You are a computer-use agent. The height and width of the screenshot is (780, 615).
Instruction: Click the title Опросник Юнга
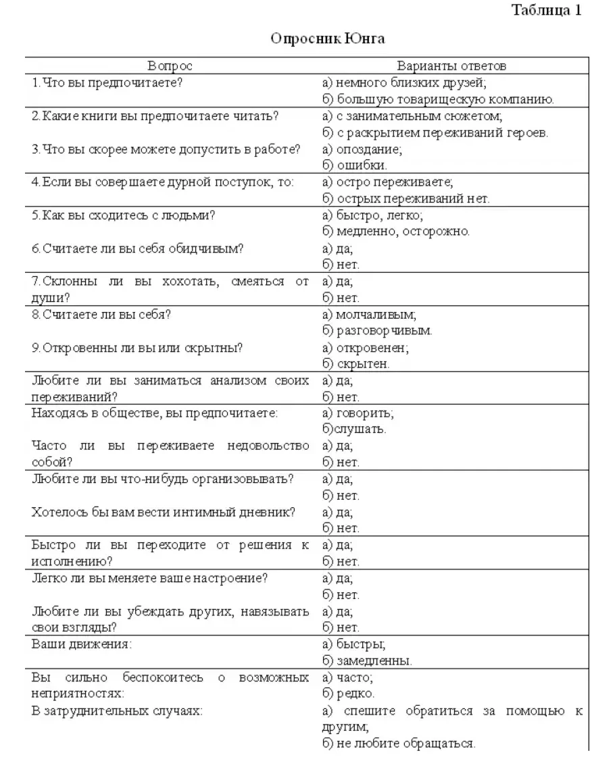click(328, 38)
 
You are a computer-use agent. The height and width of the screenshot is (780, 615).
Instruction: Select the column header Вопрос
click(170, 66)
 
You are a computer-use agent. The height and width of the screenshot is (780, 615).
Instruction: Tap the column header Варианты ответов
click(451, 66)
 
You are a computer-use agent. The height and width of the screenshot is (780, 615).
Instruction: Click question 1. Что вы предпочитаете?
click(108, 82)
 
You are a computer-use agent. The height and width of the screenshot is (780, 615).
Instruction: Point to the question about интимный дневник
click(164, 512)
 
